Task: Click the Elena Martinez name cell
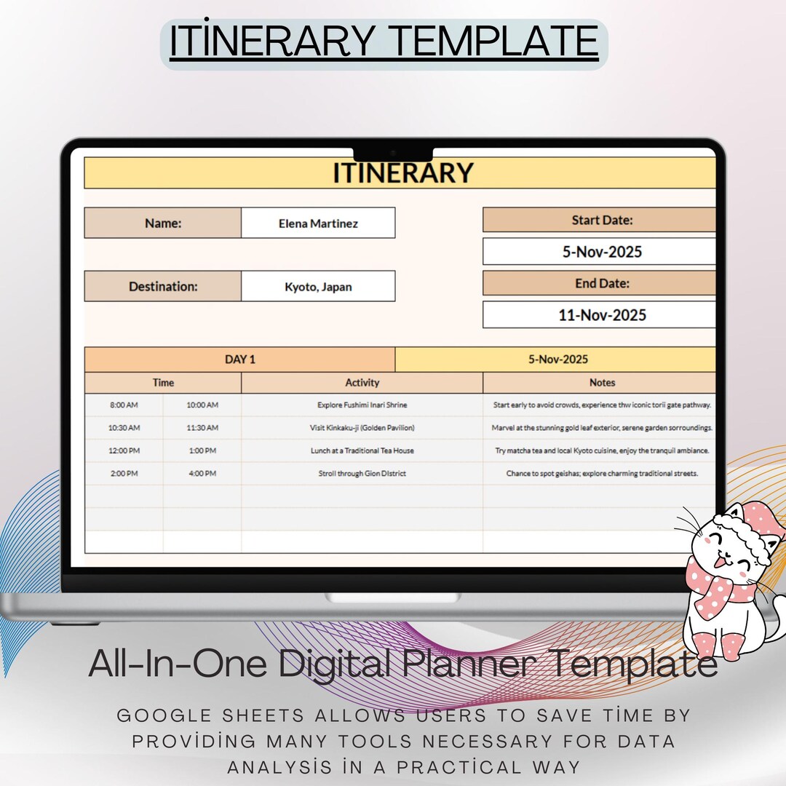point(318,223)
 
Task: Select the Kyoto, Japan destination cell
point(318,287)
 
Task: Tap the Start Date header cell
point(601,220)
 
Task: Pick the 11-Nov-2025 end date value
point(601,315)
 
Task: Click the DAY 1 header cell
point(239,360)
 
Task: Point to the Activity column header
point(362,383)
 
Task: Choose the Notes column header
point(601,383)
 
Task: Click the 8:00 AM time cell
point(124,405)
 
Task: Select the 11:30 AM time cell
point(202,428)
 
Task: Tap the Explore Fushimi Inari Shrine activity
point(362,405)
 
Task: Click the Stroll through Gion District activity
point(362,474)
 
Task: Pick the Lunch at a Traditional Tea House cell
point(362,451)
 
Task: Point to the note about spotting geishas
point(601,474)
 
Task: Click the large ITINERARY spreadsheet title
point(402,173)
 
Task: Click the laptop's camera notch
point(393,154)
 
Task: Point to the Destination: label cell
point(163,287)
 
